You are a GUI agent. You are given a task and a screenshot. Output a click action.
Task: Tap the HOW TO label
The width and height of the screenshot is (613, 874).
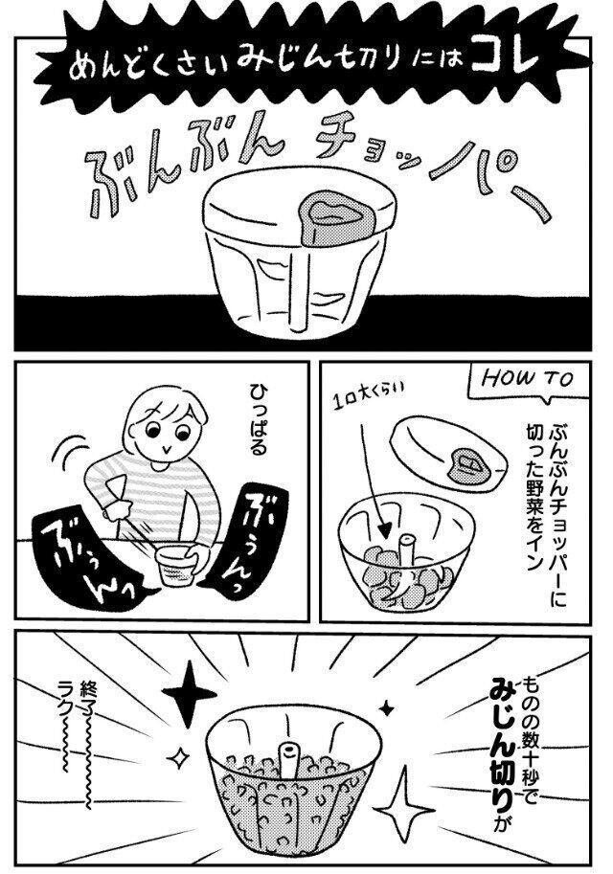coord(526,380)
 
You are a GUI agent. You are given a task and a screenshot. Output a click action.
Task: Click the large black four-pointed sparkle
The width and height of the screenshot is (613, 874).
coord(189,693)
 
